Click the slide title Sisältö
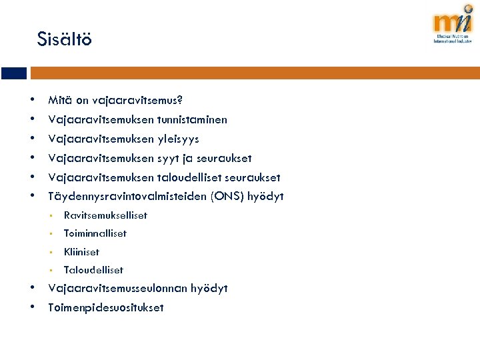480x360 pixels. [65, 39]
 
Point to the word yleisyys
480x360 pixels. [178, 139]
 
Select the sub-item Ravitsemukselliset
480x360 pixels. [105, 215]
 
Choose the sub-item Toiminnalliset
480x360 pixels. [95, 233]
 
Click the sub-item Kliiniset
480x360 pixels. [81, 252]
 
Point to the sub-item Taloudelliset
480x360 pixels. [93, 270]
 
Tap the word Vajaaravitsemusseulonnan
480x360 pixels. [117, 289]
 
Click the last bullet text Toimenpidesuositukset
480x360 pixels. [106, 308]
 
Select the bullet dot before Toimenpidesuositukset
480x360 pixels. [33, 307]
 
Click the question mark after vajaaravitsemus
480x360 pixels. [180, 101]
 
